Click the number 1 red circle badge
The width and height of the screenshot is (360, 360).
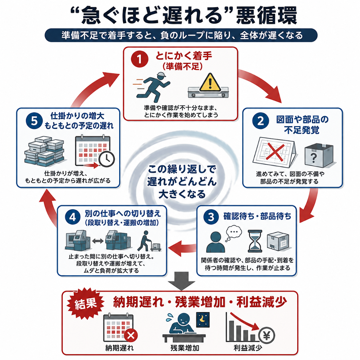click(x=139, y=59)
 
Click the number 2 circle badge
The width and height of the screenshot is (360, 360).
click(x=260, y=121)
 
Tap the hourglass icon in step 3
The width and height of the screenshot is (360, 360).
click(x=255, y=241)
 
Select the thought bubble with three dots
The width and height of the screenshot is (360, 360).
click(x=234, y=233)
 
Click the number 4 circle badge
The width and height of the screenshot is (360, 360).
click(x=73, y=217)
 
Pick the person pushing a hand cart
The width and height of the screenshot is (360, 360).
click(x=149, y=241)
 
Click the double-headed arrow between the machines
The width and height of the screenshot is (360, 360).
click(x=98, y=241)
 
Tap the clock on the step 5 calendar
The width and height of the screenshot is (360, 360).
click(x=106, y=159)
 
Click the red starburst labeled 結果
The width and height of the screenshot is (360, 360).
click(x=85, y=304)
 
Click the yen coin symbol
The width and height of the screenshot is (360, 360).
click(x=267, y=336)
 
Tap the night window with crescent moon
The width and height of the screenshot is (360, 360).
click(x=203, y=320)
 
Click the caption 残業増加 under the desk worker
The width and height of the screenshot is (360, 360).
click(x=185, y=348)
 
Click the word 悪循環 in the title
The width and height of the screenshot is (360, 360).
click(x=267, y=16)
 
